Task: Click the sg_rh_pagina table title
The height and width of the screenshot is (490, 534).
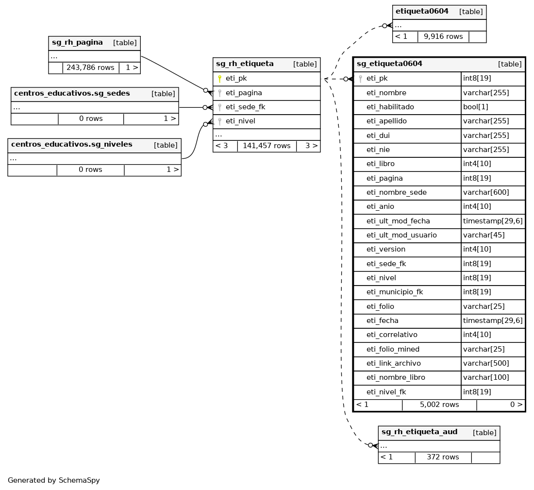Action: coord(77,43)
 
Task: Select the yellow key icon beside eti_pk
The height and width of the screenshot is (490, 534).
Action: coord(219,79)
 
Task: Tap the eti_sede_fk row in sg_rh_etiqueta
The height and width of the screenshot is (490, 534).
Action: coord(245,107)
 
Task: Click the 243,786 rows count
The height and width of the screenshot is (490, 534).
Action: coord(90,68)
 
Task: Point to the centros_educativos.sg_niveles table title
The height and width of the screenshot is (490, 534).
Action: coord(71,145)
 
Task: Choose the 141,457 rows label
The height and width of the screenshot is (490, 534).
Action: coord(267,146)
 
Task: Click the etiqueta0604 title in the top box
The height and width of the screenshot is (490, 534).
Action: coord(422,12)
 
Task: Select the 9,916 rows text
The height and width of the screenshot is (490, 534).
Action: coord(443,36)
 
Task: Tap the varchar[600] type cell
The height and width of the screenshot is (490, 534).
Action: coord(486,192)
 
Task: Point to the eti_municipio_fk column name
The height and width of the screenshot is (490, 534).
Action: coord(395,292)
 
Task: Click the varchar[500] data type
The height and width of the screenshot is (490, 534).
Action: coord(486,363)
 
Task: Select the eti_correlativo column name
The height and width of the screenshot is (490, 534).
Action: coord(392,335)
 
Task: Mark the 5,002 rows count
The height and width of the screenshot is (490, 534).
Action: coord(439,405)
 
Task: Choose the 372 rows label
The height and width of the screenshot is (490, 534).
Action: coord(443,457)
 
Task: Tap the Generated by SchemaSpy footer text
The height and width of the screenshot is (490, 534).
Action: coord(54,480)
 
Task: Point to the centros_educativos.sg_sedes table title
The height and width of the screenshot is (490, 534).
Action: coord(72,94)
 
